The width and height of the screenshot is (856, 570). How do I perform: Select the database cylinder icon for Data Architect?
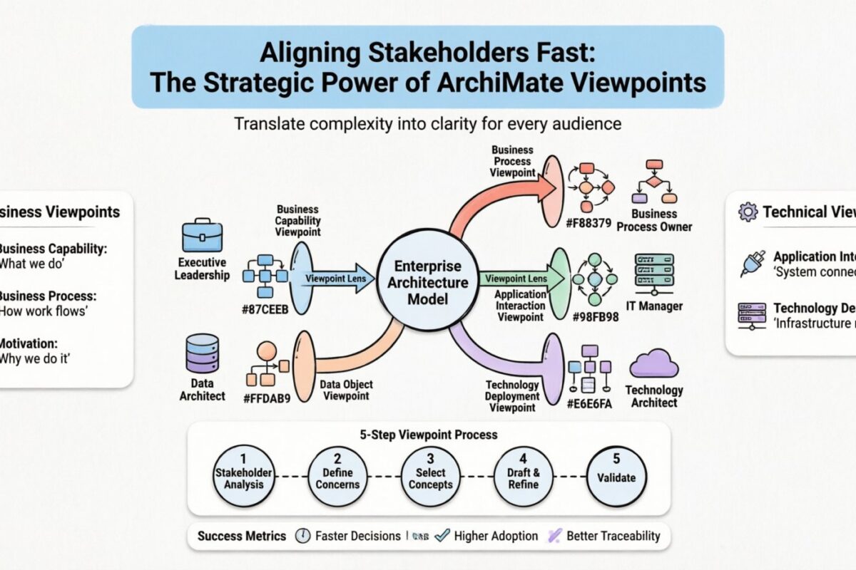tap(202, 354)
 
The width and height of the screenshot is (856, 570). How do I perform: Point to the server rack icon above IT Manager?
tap(654, 273)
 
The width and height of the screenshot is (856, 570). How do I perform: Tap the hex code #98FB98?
tap(595, 318)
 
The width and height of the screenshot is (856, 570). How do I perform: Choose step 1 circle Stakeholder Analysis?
tap(243, 476)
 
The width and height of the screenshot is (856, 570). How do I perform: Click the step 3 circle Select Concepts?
tap(430, 476)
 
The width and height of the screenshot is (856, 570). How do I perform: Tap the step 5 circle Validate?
tap(616, 476)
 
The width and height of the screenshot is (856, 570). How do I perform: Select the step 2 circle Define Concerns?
tap(337, 476)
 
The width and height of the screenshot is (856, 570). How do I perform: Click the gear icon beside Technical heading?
tap(748, 211)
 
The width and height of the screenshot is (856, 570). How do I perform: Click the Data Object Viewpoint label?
tap(347, 390)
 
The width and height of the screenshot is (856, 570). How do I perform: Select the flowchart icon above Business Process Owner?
tap(654, 182)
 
